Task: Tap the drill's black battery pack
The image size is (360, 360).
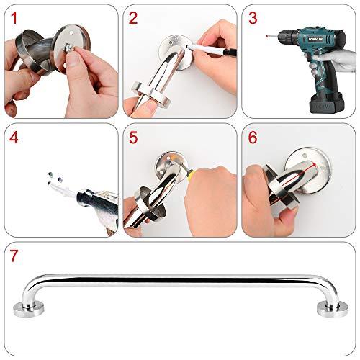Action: (x=317, y=101)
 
